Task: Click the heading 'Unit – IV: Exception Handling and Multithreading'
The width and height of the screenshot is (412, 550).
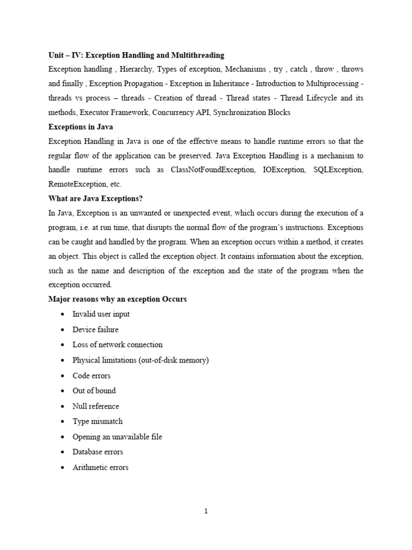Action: [136, 55]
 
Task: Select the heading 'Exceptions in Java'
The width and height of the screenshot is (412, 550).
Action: [82, 127]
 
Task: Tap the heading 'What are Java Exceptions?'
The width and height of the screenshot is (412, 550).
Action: [95, 198]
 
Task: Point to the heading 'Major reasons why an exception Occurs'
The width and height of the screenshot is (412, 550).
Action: [117, 299]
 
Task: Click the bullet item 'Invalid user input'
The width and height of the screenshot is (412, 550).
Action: [101, 314]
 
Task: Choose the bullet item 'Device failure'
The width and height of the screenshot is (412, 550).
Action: [95, 329]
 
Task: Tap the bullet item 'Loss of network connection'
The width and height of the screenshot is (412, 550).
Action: [117, 344]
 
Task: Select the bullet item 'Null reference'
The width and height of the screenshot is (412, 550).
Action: [95, 406]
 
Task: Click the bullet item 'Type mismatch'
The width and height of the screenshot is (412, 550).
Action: [98, 421]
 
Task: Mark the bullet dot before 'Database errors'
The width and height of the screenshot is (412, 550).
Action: [63, 452]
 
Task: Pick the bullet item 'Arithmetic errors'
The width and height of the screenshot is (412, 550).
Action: [100, 467]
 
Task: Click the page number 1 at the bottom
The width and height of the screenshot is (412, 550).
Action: [205, 511]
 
